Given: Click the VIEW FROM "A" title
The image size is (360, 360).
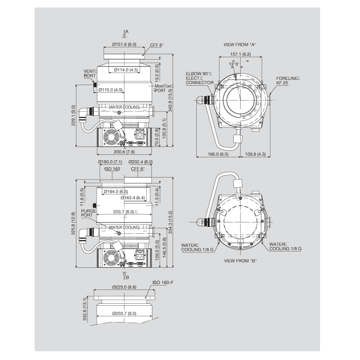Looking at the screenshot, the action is point(240,45).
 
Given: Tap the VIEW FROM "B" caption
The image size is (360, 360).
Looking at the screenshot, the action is point(240,261).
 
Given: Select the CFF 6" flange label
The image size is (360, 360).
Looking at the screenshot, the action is point(157,45).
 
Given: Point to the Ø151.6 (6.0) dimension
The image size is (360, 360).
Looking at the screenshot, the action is point(124,44).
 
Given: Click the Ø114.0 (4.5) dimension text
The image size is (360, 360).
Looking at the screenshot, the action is point(126,70).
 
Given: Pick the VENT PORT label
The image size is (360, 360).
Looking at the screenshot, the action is point(90,73).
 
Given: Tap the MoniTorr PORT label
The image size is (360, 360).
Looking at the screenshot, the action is point(164,88).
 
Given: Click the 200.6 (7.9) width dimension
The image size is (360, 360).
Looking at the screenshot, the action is point(124,152).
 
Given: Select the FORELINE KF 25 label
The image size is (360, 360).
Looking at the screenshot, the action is point(288,80).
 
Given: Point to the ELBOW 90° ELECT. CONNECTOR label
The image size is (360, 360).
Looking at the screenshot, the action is point(200,78).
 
